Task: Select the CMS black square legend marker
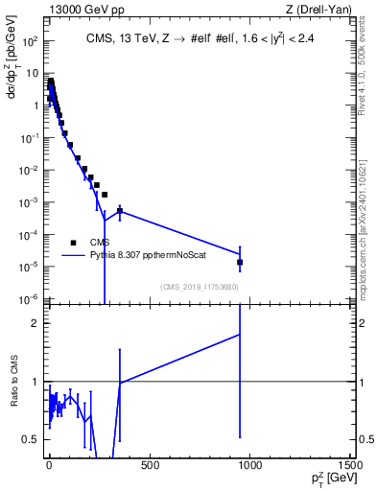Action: click(73, 243)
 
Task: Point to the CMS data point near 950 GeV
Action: click(240, 262)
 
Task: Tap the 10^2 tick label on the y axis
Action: click(31, 41)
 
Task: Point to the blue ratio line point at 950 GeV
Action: click(240, 334)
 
